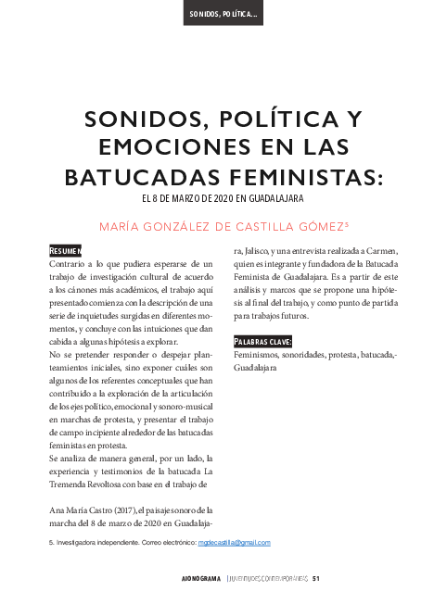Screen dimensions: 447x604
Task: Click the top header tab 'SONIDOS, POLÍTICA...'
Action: click(x=223, y=16)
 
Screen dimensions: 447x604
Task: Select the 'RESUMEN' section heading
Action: click(x=66, y=250)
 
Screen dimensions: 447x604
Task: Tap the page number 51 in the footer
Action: click(x=316, y=581)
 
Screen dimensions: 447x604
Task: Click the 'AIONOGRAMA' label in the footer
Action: click(x=199, y=581)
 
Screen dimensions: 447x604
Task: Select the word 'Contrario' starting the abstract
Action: click(x=66, y=265)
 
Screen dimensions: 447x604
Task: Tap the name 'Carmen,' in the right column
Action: click(x=380, y=250)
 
